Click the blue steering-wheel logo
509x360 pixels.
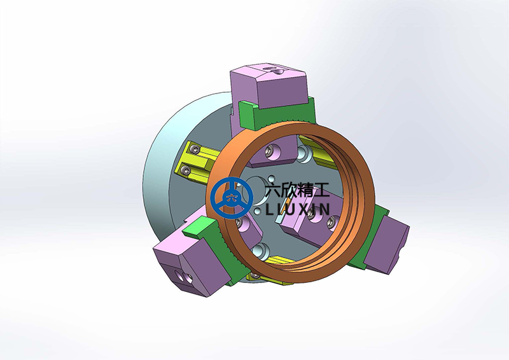point(232,198)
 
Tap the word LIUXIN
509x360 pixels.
point(298,209)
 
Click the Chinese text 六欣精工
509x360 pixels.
point(297,190)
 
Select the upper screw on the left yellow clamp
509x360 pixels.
point(195,149)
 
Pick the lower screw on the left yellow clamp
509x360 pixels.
point(186,169)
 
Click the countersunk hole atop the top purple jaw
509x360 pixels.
point(279,71)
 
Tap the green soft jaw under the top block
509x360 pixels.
point(277,114)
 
